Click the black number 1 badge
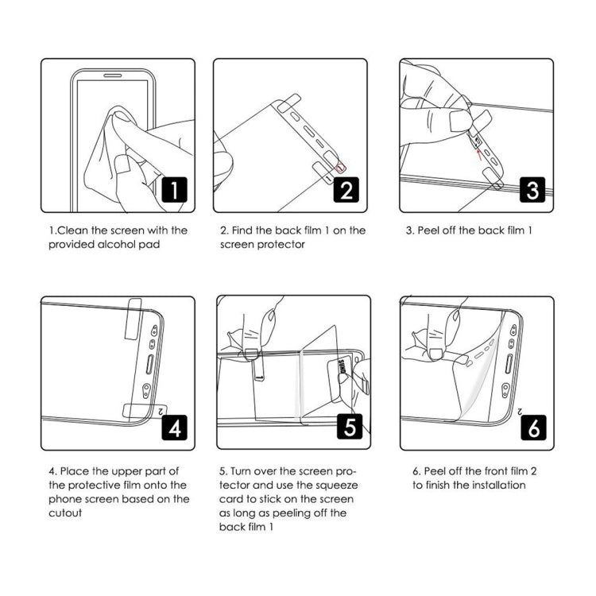[x=175, y=190]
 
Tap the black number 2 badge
[x=347, y=190]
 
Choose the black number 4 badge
[x=175, y=428]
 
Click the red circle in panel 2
[x=342, y=165]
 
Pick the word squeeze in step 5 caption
[x=339, y=485]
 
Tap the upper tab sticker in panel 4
[x=135, y=315]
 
